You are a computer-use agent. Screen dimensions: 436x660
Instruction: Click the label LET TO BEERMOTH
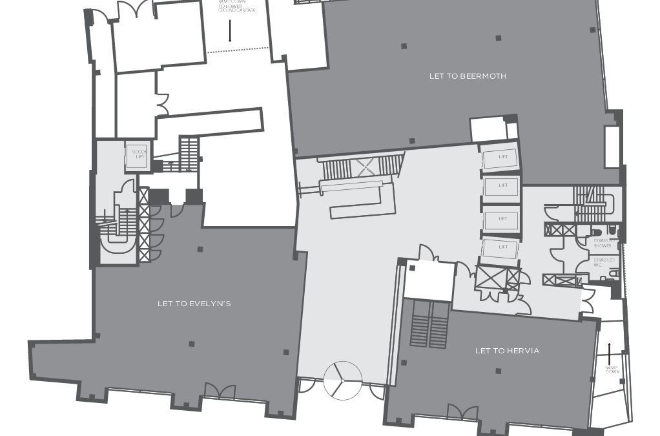coord(468,76)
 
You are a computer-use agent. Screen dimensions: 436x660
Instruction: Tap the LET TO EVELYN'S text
coord(194,304)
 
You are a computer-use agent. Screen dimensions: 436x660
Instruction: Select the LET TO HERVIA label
coord(507,351)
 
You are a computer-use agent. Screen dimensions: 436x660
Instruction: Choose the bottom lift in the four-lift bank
coord(500,248)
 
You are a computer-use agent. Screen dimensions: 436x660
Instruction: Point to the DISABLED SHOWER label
coord(604,244)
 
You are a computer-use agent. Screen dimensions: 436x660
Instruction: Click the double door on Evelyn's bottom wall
coord(220,390)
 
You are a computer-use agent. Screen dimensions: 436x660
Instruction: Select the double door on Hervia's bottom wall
coord(463,411)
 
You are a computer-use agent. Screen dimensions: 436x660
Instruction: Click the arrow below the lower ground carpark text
coord(230,30)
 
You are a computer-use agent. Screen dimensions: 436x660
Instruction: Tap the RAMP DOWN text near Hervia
coord(612,369)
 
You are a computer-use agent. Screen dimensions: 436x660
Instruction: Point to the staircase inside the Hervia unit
coord(429,324)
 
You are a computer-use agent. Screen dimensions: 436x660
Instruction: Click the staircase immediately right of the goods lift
coord(189,153)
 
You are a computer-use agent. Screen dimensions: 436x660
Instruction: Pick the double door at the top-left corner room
coord(136,9)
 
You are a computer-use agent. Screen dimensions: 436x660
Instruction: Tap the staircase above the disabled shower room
coord(588,204)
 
